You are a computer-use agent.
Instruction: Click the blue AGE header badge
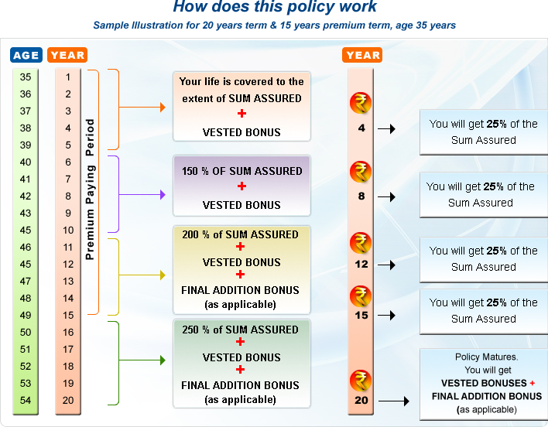[x=26, y=55]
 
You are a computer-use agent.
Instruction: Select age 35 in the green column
[x=26, y=77]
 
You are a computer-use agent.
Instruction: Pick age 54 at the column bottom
[x=26, y=400]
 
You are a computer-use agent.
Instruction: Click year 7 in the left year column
[x=68, y=179]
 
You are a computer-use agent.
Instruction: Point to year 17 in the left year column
[x=68, y=349]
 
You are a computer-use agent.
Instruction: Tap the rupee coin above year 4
[x=361, y=103]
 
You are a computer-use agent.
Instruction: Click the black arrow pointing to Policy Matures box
[x=395, y=401]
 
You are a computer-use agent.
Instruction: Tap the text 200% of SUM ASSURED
[x=240, y=234]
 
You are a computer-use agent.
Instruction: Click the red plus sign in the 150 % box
[x=241, y=186]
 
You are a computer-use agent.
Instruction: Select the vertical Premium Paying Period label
[x=90, y=189]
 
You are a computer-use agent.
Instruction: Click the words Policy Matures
[x=484, y=357]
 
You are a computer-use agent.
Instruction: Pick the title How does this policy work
[x=274, y=8]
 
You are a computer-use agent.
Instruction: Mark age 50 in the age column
[x=26, y=332]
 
